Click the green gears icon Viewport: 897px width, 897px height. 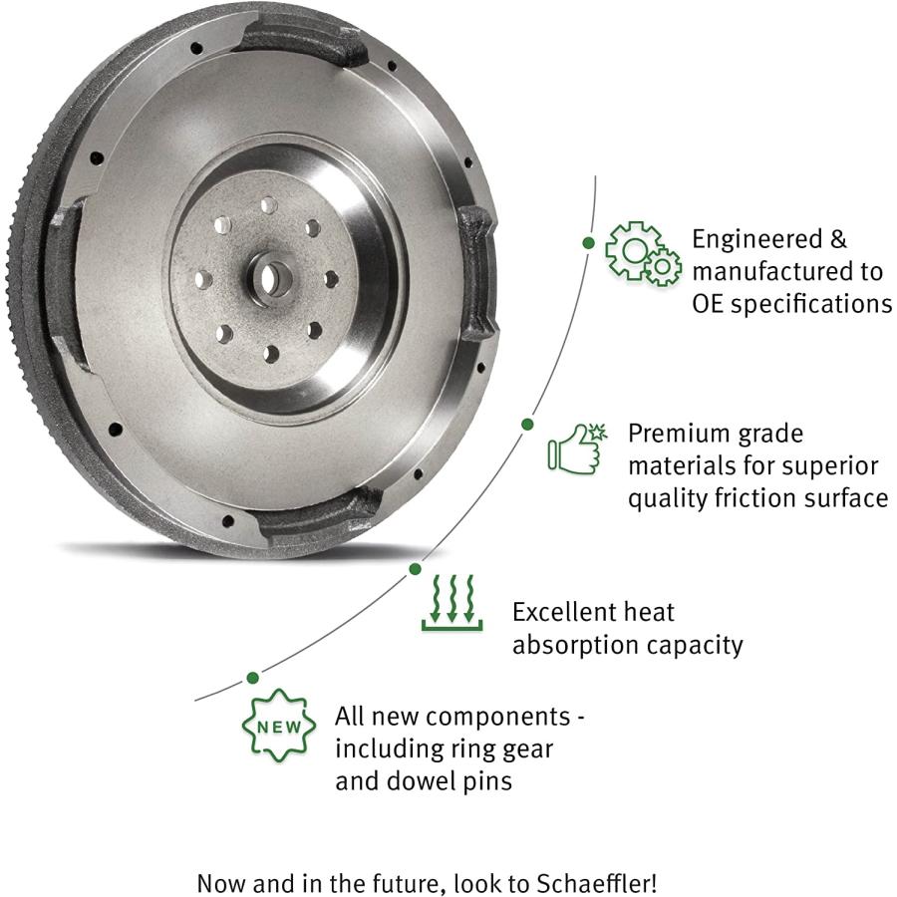(644, 254)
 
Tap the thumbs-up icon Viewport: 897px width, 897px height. (577, 449)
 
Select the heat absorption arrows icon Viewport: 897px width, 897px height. (451, 603)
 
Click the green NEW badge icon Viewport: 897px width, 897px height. (279, 726)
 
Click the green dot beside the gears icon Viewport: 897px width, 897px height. (588, 242)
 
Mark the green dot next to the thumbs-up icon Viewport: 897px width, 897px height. (527, 424)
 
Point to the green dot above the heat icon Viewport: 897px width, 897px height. (416, 569)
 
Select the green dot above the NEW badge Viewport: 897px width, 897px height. (252, 678)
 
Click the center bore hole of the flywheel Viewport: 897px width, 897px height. (271, 279)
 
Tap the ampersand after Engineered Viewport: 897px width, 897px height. (837, 239)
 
